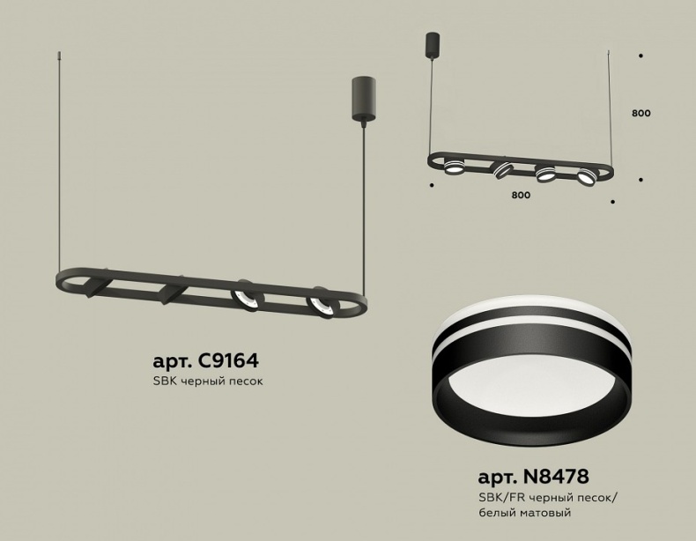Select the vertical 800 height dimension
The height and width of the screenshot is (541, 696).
640,114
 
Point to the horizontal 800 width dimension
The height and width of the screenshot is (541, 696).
520,196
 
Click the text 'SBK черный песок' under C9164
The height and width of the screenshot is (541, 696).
208,382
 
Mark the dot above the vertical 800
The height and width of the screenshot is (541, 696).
640,55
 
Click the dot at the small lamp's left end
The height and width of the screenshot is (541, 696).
430,186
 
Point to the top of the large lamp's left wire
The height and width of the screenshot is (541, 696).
61,55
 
